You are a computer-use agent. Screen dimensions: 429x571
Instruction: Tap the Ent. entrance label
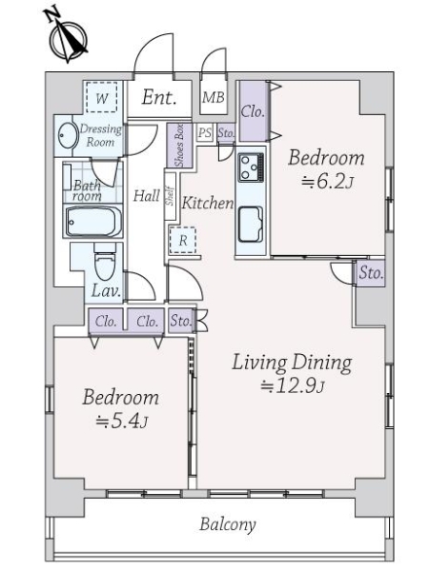click(x=159, y=97)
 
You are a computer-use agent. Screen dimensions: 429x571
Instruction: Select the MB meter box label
click(x=214, y=97)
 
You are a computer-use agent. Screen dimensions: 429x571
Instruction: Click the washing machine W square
click(x=102, y=98)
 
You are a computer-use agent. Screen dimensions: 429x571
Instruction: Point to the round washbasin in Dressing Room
click(x=69, y=135)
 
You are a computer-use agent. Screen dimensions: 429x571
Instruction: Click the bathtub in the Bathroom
click(x=92, y=222)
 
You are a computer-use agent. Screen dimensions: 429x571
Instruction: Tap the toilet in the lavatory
click(x=105, y=265)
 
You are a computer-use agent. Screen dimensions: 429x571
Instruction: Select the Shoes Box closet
click(x=179, y=146)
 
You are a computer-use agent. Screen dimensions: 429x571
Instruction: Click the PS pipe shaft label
click(x=205, y=133)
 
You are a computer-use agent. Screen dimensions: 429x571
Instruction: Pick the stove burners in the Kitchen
click(x=251, y=167)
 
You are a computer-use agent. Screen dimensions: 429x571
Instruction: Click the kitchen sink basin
click(x=251, y=225)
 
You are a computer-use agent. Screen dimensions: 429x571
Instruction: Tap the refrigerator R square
click(x=183, y=241)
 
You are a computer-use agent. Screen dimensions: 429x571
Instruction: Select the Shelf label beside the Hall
click(x=170, y=196)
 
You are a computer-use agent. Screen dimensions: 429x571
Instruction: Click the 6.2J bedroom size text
click(x=327, y=182)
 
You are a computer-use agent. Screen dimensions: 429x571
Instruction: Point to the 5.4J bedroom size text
click(x=121, y=422)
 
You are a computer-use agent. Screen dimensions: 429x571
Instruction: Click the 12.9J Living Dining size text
click(x=293, y=386)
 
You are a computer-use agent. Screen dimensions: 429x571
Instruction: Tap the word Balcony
click(x=228, y=525)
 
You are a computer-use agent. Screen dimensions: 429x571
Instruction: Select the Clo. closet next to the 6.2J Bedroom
click(x=254, y=111)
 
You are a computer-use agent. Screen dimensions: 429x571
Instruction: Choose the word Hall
click(x=146, y=196)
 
